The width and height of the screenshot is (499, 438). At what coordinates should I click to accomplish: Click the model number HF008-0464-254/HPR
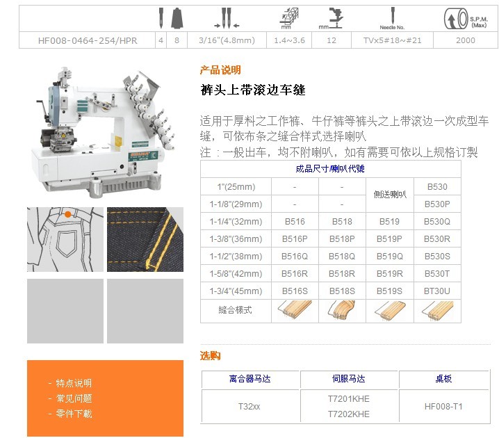click(88, 40)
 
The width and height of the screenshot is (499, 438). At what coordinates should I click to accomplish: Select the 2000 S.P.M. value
click(465, 40)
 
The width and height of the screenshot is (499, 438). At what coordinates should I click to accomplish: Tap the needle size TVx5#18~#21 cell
click(392, 40)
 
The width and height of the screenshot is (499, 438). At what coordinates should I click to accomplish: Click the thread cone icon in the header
click(177, 18)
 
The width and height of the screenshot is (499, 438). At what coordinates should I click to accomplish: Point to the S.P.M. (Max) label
click(479, 22)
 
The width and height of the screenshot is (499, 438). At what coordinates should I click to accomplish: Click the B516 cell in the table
click(295, 222)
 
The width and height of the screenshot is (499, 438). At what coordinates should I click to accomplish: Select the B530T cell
click(437, 274)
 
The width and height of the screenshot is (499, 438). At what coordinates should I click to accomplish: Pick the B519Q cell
click(389, 257)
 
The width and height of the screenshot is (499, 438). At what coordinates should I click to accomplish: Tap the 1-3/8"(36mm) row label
click(236, 239)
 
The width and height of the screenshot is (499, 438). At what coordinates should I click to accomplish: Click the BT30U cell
click(437, 291)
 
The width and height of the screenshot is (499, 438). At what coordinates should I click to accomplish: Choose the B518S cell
click(342, 291)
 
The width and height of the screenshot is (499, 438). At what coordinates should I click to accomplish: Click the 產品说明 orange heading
click(220, 70)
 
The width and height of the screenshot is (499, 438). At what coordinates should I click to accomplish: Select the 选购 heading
click(210, 355)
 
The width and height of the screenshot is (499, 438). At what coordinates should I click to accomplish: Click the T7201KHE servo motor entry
click(349, 399)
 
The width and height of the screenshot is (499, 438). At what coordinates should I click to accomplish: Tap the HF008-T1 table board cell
click(443, 407)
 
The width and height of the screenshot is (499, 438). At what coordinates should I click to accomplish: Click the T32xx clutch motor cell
click(250, 407)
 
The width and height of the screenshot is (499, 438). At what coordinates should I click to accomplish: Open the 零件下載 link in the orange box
click(74, 414)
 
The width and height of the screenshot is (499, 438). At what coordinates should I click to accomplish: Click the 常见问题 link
click(74, 398)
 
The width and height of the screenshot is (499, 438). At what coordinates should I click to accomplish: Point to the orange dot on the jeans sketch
click(68, 215)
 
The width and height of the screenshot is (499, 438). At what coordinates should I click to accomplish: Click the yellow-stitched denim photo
click(145, 239)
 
